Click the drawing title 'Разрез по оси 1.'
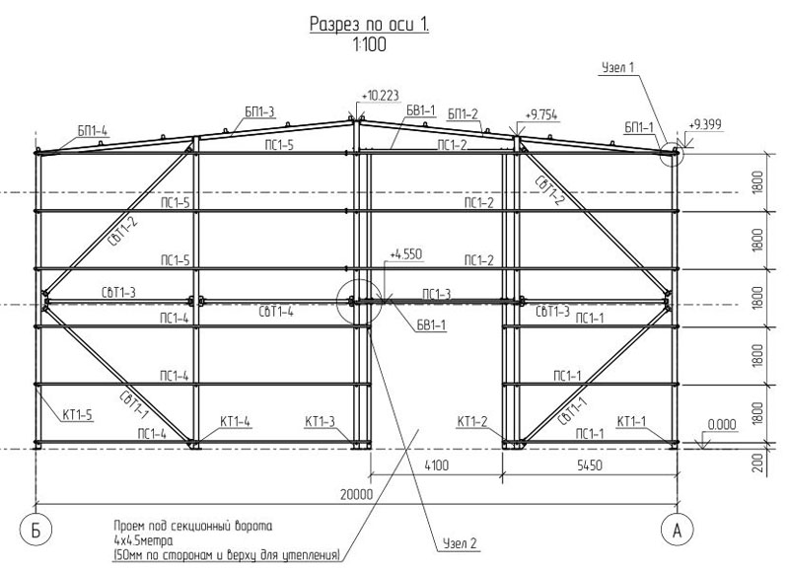(369, 24)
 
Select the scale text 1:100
(370, 44)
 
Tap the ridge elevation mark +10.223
(380, 96)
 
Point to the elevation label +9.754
(540, 115)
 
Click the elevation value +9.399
(705, 124)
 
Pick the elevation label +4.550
(406, 254)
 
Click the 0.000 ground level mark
(722, 425)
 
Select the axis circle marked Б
(36, 531)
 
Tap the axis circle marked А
(677, 531)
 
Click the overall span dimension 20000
(356, 494)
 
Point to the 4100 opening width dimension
(436, 465)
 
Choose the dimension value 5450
(589, 465)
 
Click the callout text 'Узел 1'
(618, 67)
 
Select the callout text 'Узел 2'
(460, 543)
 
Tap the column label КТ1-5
(78, 415)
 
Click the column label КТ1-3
(320, 421)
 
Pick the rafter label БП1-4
(93, 132)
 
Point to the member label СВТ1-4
(276, 312)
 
